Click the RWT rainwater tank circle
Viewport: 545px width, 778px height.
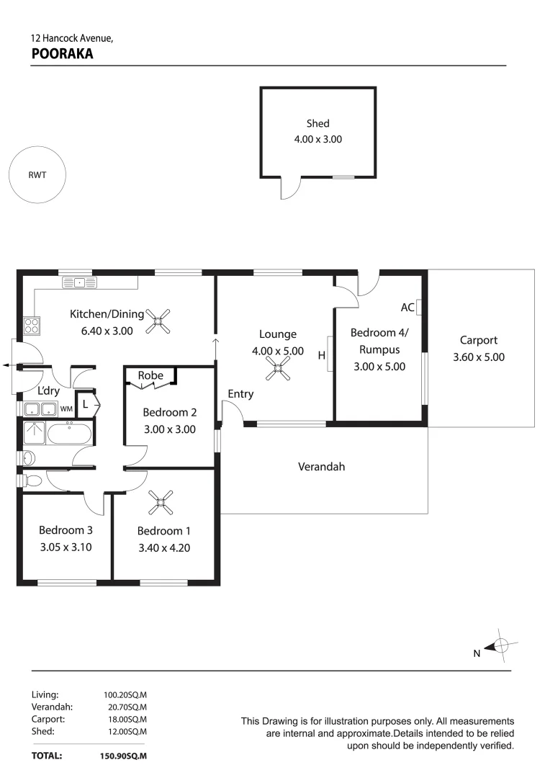click(37, 174)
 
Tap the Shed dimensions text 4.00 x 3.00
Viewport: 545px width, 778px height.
click(317, 139)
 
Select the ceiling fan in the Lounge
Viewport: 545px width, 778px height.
click(277, 370)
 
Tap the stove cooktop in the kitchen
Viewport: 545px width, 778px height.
click(32, 326)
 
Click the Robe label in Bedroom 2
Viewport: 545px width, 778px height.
click(150, 375)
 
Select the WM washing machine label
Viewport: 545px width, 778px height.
click(66, 409)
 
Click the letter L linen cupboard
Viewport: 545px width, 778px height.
click(85, 405)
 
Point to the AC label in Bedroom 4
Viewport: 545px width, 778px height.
click(407, 308)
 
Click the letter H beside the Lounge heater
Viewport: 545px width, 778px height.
click(321, 354)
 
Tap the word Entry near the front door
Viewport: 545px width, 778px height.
click(240, 394)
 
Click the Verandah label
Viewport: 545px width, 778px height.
click(321, 467)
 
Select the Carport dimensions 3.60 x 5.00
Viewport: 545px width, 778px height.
click(479, 357)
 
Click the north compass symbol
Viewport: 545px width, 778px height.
click(502, 646)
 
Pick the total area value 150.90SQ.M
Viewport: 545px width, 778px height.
click(123, 756)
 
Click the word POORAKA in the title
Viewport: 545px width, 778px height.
click(62, 53)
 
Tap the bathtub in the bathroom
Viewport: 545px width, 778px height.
click(71, 434)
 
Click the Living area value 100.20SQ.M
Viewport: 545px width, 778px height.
click(125, 695)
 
